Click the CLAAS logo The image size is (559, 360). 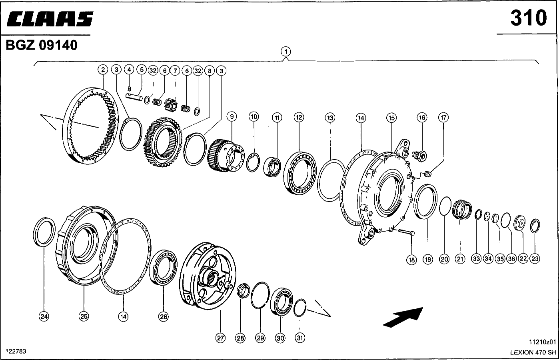tap(49, 19)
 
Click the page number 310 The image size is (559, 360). tap(528, 18)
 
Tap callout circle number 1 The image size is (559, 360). tap(285, 52)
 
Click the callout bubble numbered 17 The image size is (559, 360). tap(443, 118)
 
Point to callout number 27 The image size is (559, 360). tap(220, 338)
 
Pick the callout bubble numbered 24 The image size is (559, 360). tap(44, 316)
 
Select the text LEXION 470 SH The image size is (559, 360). tap(533, 352)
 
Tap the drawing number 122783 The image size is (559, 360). tap(16, 351)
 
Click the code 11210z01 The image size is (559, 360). tap(542, 342)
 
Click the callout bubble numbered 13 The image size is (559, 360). tap(330, 118)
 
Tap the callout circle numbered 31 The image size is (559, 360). tap(300, 338)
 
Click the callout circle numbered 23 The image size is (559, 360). tap(535, 259)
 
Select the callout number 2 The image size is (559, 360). tap(103, 70)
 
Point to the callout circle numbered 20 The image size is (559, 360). tap(444, 259)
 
